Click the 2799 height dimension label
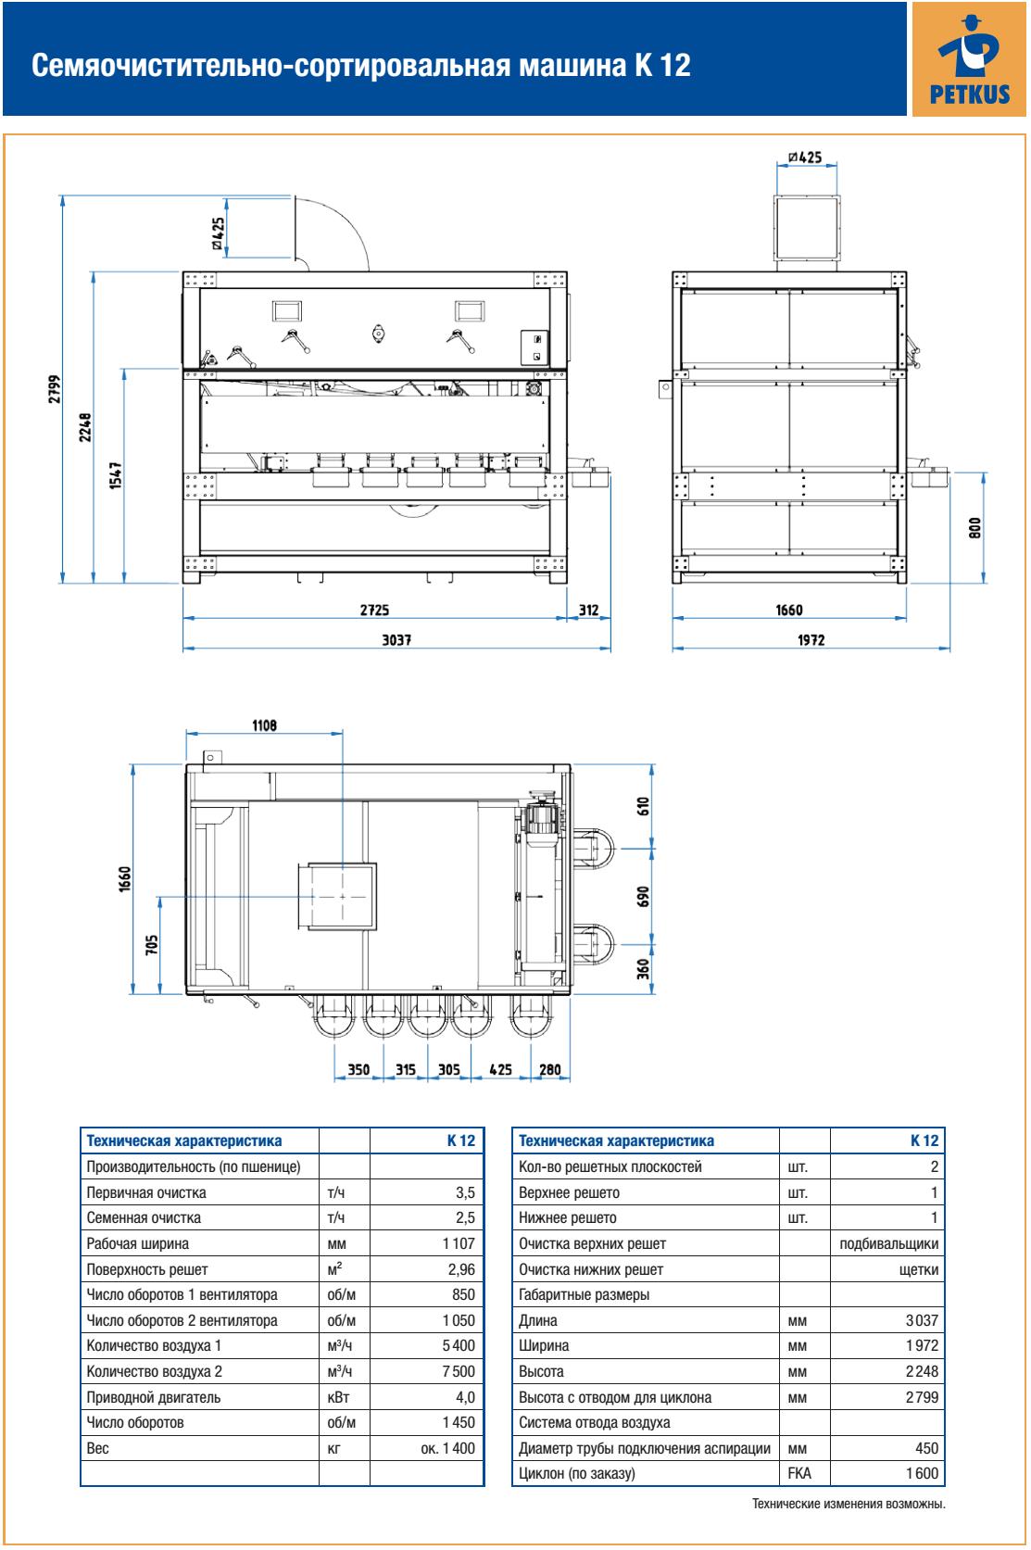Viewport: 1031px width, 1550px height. point(56,390)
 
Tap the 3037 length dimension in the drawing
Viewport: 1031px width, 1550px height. point(396,639)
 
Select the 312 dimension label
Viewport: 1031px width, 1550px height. point(589,611)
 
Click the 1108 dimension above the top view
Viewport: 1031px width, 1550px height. point(264,725)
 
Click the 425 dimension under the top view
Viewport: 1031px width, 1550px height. point(500,1069)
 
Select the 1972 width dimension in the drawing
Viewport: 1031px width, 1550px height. point(811,639)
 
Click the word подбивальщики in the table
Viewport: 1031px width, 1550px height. point(888,1243)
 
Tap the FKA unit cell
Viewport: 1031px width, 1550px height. point(798,1473)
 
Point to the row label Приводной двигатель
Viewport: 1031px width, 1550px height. point(154,1397)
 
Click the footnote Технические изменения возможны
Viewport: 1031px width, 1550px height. point(849,1505)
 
